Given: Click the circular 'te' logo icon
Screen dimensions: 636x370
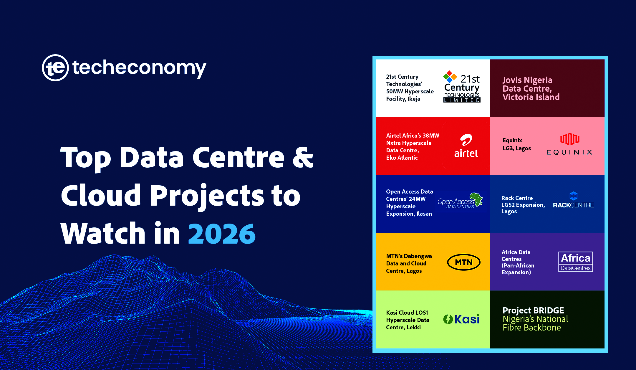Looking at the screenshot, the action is (55, 68).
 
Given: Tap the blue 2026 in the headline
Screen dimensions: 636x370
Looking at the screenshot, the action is (222, 234).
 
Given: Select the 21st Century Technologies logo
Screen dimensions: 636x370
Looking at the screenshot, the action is (462, 87).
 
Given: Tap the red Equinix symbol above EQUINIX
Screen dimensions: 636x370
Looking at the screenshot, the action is (570, 139).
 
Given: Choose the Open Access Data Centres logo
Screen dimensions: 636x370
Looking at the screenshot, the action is (460, 201).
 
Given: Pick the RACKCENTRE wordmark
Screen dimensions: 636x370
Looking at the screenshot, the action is (573, 205).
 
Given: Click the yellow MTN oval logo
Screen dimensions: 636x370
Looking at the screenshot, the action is (464, 262).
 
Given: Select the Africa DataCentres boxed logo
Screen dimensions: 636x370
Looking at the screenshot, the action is (576, 262).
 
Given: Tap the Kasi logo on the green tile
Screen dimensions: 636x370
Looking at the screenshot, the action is (461, 319).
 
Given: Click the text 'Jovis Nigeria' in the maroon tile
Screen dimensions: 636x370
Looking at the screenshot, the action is (527, 80).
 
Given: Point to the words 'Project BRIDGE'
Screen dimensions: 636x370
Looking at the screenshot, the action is (533, 310).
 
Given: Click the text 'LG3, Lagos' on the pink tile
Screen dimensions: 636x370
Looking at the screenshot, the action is (517, 148).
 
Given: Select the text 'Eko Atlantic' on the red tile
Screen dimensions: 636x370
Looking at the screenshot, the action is (402, 158).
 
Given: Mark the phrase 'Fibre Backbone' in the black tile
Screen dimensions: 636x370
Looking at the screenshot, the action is (532, 328).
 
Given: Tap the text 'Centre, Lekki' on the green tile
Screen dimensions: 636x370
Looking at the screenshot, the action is (403, 327).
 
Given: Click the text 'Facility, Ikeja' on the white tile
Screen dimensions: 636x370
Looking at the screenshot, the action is (403, 99).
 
